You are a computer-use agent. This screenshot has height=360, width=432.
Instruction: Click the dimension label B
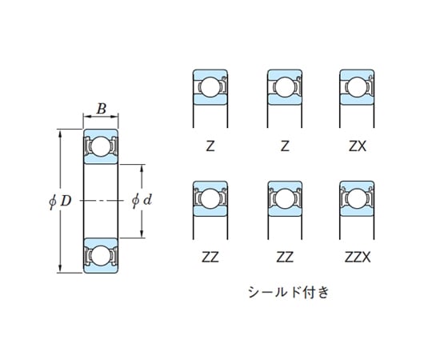102,109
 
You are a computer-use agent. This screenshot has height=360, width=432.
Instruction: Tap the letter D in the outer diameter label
66,201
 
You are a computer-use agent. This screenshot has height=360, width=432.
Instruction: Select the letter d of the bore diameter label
147,200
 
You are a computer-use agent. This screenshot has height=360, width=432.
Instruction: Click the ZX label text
358,146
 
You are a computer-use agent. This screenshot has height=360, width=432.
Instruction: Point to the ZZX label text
358,258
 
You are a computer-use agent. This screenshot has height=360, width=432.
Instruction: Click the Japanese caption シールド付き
289,292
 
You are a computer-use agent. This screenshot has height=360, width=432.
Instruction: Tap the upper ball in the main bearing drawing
101,146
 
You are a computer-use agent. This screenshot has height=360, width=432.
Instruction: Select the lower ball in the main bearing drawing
101,256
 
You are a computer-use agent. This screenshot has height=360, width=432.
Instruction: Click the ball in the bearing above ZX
357,87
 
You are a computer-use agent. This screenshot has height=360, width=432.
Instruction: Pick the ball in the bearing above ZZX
357,198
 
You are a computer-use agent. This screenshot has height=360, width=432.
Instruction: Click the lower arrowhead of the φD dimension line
60,268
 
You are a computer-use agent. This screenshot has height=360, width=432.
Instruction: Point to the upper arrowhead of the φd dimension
142,169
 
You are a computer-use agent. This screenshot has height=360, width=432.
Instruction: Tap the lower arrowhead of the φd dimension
142,233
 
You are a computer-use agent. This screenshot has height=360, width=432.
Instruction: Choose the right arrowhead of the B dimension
114,117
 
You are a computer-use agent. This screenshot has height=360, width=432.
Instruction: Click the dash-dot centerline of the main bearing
101,201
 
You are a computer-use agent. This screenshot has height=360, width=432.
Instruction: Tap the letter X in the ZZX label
366,258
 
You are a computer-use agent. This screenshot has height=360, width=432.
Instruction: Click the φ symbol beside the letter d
136,200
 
